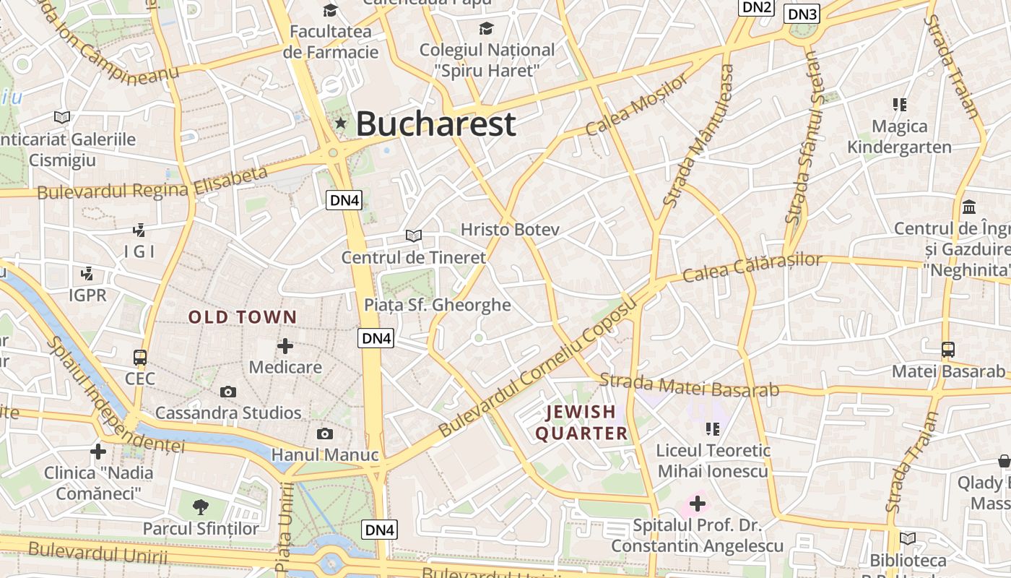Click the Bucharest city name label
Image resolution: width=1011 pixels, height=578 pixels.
[435, 124]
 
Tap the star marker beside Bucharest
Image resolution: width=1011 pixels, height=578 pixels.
[341, 124]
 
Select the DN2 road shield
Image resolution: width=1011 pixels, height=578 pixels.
[757, 7]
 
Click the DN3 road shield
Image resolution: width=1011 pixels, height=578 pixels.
[802, 14]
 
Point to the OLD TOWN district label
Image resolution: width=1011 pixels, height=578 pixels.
[243, 316]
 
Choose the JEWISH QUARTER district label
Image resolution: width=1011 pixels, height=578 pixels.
[581, 423]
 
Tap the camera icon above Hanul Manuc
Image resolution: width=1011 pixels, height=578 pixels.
[325, 433]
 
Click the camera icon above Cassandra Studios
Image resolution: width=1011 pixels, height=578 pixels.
[228, 392]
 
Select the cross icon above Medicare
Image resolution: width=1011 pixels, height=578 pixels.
[285, 346]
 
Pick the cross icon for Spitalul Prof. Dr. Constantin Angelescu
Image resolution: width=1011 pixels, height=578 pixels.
[698, 503]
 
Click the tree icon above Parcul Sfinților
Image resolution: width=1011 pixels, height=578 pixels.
[201, 506]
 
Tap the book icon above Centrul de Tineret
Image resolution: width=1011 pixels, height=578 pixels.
[414, 236]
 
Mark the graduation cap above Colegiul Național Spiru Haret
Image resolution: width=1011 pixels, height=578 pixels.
[487, 28]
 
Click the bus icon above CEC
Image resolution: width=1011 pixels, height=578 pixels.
[140, 358]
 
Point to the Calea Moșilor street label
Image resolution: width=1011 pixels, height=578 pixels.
[636, 105]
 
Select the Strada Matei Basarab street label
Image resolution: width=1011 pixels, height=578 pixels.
[689, 385]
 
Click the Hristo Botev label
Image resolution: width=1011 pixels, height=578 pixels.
[510, 230]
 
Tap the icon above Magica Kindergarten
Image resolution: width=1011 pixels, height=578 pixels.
[899, 105]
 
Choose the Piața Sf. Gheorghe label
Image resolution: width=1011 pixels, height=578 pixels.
[438, 305]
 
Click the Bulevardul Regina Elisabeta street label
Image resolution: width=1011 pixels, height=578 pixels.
[152, 184]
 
